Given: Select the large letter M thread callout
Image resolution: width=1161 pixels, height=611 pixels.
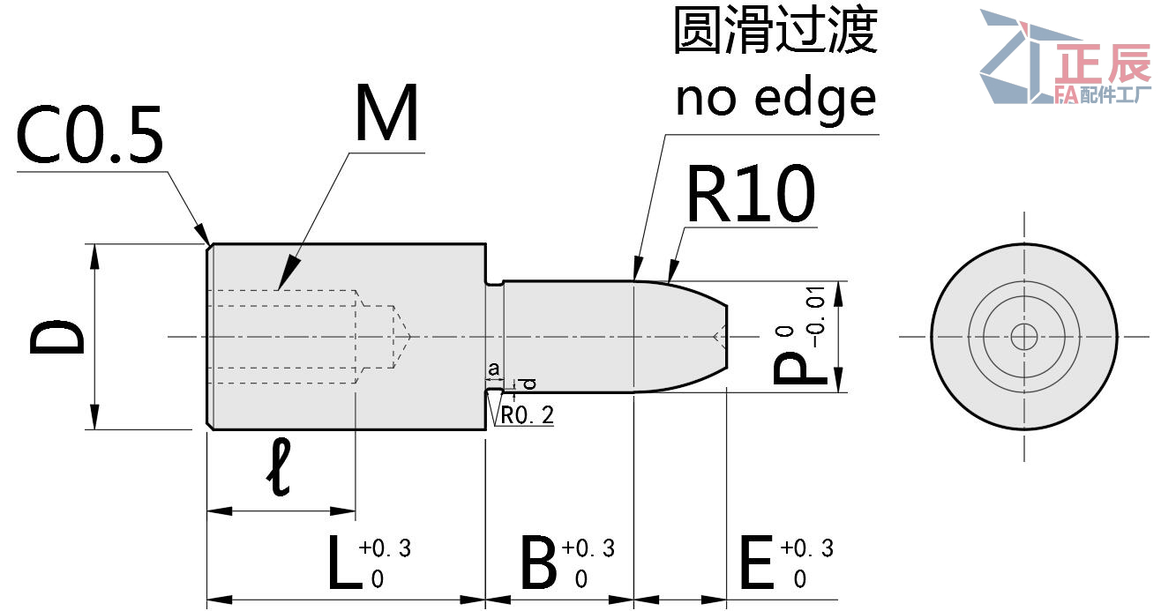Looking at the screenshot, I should click(386, 115).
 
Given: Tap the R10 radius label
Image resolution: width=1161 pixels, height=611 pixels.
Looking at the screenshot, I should click(750, 196).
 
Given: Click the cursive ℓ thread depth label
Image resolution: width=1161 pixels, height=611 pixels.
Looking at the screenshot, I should click(281, 469).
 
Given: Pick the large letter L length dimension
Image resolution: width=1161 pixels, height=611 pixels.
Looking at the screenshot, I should click(343, 564).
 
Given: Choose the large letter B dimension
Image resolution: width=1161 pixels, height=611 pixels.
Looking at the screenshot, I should click(538, 564).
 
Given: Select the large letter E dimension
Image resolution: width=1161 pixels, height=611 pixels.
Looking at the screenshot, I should click(756, 564).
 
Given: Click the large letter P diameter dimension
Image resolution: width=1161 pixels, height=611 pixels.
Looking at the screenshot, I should click(799, 369).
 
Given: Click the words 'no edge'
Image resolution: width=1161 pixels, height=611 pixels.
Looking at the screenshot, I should click(775, 98).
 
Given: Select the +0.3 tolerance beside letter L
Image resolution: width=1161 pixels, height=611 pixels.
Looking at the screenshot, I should click(385, 548).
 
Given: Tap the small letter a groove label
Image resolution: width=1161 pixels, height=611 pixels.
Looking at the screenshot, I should click(494, 368).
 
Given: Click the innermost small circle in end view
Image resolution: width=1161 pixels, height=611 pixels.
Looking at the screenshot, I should click(1024, 336).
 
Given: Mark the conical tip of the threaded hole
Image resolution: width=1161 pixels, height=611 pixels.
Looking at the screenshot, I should click(402, 336).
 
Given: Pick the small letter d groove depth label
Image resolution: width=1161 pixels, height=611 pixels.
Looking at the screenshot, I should click(529, 384).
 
